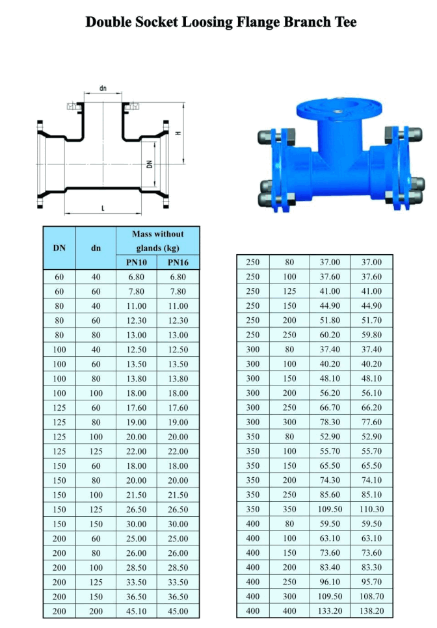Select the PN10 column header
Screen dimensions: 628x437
click(137, 263)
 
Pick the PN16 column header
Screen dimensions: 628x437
click(178, 263)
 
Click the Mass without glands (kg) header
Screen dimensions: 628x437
click(157, 241)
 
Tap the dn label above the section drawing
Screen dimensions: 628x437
click(103, 88)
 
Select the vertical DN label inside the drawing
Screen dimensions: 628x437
click(150, 164)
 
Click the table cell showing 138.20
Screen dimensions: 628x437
click(371, 611)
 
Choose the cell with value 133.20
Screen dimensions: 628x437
click(331, 611)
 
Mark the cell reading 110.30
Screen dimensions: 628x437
click(371, 509)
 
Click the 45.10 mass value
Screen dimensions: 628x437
click(137, 611)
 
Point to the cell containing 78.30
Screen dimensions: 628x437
click(331, 422)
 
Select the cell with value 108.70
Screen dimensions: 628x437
click(371, 597)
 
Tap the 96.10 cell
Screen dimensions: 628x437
click(331, 582)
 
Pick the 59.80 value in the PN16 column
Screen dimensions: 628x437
click(371, 335)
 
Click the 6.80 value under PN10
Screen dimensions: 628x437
click(137, 277)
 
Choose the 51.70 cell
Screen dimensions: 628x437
click(371, 321)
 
